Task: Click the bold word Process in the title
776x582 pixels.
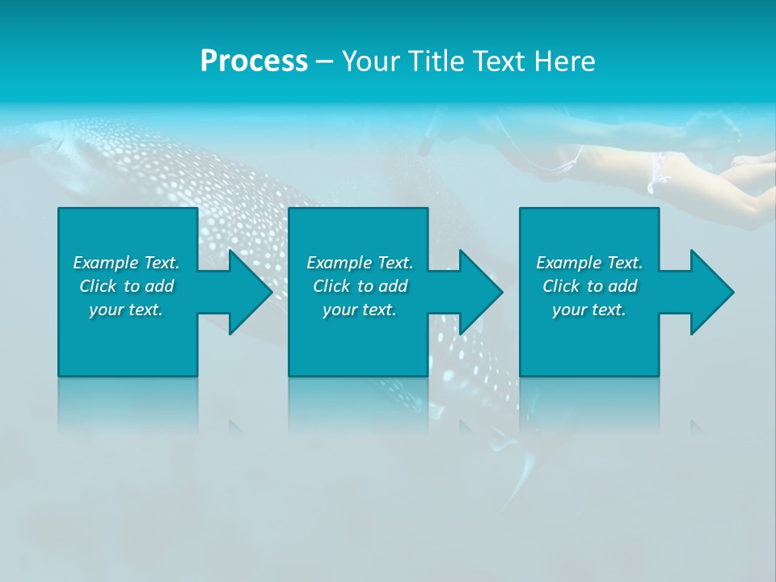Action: [x=254, y=61]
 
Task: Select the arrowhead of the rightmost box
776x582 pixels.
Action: [x=711, y=292]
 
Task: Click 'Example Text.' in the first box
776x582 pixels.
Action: [x=126, y=263]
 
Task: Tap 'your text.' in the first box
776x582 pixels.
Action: [x=126, y=310]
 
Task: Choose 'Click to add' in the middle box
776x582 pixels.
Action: [x=360, y=286]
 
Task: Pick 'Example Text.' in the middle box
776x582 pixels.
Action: [x=360, y=263]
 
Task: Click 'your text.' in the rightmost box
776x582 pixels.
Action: [x=589, y=310]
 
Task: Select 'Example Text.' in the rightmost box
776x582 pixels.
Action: [x=589, y=263]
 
